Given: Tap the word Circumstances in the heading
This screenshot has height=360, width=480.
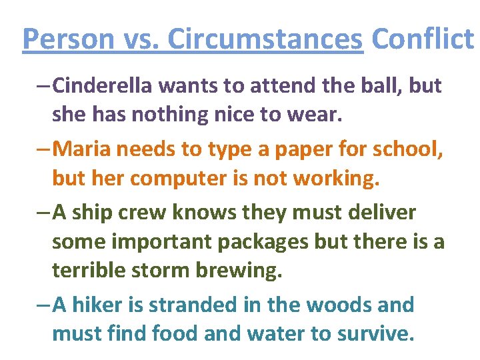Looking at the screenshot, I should click(265, 39).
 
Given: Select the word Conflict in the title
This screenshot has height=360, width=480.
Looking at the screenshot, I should click(422, 39).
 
